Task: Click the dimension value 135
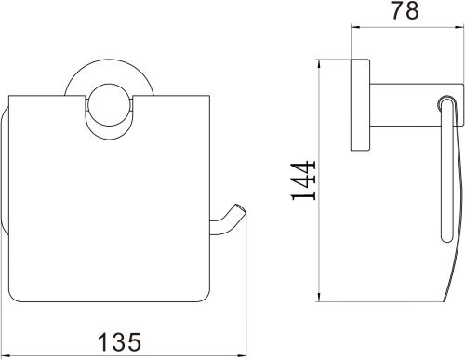click(x=119, y=341)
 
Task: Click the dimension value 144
click(x=304, y=180)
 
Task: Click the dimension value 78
click(x=405, y=10)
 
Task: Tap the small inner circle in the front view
click(x=110, y=104)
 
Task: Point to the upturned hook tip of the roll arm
click(x=240, y=208)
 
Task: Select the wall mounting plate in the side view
click(x=360, y=105)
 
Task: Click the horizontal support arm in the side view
click(x=417, y=105)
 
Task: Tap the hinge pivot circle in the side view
click(x=445, y=102)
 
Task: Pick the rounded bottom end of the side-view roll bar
click(x=446, y=239)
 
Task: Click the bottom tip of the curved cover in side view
click(x=444, y=300)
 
